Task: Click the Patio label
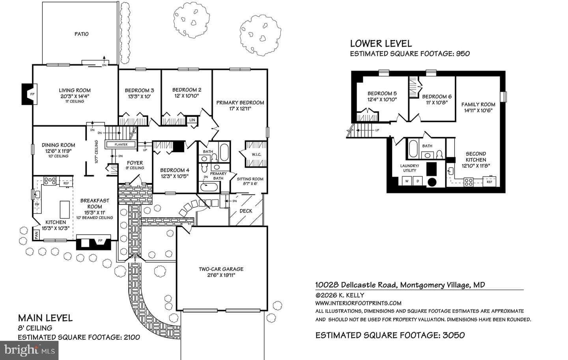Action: (81, 34)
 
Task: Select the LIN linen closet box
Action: (192, 120)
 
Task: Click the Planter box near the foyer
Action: (121, 144)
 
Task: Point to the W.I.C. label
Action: (256, 155)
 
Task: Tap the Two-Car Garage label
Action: (221, 272)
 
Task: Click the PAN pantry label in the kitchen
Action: (36, 235)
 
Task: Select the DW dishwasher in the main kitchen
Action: (37, 204)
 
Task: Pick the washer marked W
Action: (407, 181)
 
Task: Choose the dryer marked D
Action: (417, 181)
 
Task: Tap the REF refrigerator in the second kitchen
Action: (490, 181)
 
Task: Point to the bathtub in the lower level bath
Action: (413, 149)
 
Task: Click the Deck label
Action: (246, 211)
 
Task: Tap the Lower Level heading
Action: (381, 44)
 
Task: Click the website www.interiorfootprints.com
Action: (358, 303)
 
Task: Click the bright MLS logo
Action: (29, 351)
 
